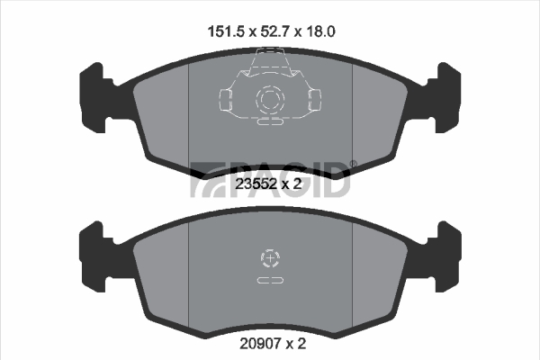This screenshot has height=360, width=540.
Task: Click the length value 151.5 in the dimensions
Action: [226, 31]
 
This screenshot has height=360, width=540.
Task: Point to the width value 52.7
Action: [273, 31]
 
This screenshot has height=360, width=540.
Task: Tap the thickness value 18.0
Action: [319, 31]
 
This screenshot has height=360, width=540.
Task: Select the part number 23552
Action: [256, 184]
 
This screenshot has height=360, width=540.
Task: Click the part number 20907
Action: [261, 344]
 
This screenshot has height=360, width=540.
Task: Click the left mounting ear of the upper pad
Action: [96, 97]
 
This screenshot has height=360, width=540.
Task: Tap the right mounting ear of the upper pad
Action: [444, 97]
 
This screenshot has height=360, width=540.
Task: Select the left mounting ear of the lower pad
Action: [96, 256]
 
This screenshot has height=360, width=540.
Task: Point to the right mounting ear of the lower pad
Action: [444, 256]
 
